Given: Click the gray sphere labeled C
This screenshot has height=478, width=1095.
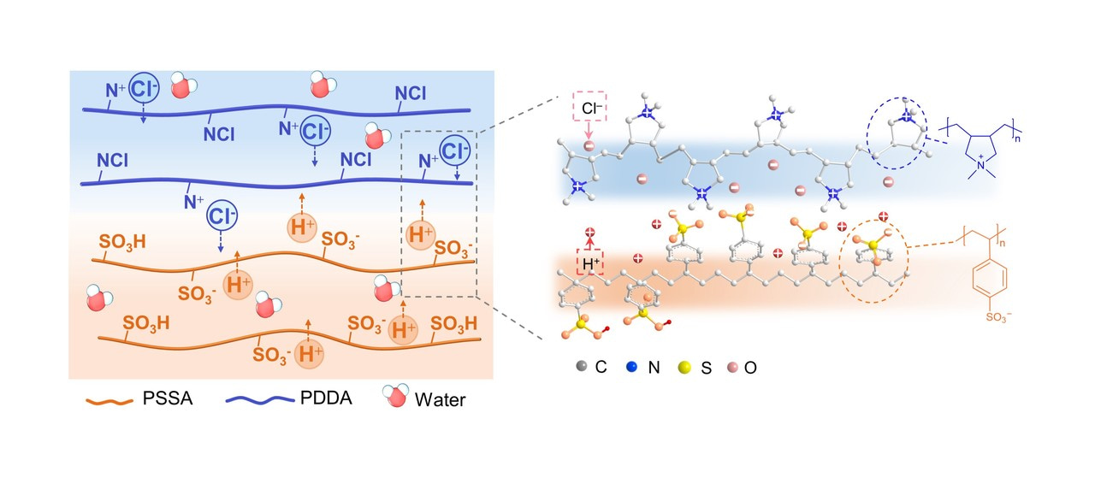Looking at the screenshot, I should click(582, 368).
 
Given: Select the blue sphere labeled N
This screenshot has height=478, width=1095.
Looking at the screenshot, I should click(630, 368).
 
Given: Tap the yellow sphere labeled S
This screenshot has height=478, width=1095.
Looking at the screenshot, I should click(680, 368).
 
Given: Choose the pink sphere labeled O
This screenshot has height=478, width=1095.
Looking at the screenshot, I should click(730, 368).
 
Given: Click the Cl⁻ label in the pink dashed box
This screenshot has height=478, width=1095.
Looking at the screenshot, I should click(589, 109).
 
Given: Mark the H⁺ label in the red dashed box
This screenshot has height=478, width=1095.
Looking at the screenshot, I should click(589, 265).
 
